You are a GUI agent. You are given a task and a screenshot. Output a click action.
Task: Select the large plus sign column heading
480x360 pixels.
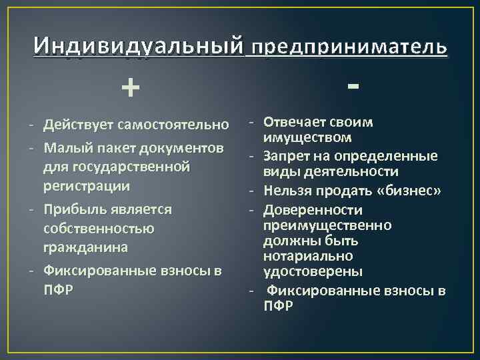(131, 87)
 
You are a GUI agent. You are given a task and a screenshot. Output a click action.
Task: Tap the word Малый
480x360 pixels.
(65, 145)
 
